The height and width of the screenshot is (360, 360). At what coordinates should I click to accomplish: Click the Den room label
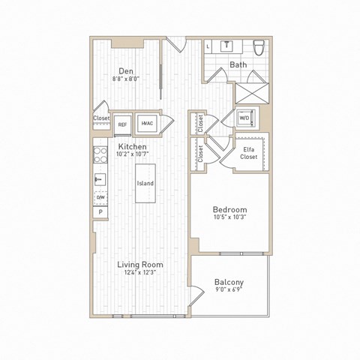[x=125, y=70]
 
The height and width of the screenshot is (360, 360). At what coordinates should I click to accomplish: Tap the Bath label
[x=238, y=65]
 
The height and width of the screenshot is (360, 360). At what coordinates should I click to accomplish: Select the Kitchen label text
[x=131, y=147]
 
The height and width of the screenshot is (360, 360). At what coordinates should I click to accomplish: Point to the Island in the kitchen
[x=145, y=183]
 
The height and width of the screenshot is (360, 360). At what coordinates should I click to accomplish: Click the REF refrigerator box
[x=122, y=124]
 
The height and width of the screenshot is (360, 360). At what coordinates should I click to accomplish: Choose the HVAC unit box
[x=147, y=124]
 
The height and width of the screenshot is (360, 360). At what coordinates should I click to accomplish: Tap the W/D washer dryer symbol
[x=244, y=118]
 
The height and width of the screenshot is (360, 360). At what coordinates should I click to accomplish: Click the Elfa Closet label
[x=250, y=154]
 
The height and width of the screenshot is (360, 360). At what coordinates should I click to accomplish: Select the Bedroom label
[x=230, y=209]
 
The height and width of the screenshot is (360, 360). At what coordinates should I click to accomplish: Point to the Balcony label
[x=229, y=283]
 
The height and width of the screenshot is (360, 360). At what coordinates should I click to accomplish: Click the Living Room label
[x=140, y=265]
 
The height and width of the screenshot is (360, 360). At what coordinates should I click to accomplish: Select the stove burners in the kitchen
[x=99, y=155]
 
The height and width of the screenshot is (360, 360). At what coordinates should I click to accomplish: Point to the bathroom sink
[x=226, y=45]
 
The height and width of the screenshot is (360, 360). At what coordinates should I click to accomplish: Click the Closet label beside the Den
[x=101, y=118]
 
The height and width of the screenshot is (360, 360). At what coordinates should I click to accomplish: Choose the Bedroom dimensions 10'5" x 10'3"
[x=230, y=217]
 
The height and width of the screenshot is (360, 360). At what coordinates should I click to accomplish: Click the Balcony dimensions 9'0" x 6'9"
[x=229, y=291]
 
